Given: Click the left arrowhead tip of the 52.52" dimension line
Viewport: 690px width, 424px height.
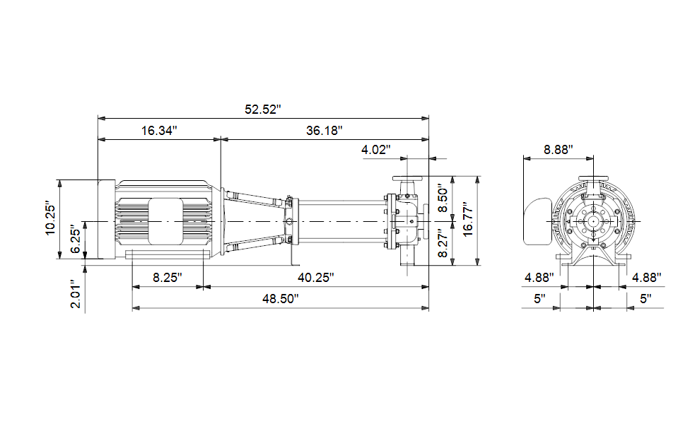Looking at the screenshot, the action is click(x=98, y=118).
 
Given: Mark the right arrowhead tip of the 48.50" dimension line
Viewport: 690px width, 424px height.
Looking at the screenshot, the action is click(x=428, y=308).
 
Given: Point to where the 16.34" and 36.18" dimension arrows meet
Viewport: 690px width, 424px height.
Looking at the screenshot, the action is click(x=221, y=139).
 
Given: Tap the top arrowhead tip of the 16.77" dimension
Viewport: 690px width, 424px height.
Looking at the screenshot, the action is click(x=477, y=177).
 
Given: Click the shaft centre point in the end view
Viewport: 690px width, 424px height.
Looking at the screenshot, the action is click(x=593, y=221).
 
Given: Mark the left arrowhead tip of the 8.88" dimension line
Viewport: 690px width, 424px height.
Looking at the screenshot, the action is click(x=523, y=158).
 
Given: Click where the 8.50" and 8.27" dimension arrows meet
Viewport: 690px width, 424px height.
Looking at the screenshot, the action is click(x=452, y=221).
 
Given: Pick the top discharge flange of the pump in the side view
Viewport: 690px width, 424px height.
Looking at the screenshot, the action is click(x=407, y=179).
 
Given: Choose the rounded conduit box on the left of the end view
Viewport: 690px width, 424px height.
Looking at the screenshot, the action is click(x=537, y=221).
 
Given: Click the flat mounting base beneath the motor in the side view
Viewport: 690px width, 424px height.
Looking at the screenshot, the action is click(x=168, y=254).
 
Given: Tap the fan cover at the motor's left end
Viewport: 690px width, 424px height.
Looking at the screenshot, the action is click(x=107, y=219).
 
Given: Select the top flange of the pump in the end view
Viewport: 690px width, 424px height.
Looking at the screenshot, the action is click(x=593, y=178).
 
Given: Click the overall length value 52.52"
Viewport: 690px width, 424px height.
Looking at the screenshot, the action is click(x=263, y=110).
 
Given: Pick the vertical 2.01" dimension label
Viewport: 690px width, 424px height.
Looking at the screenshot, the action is click(x=76, y=294).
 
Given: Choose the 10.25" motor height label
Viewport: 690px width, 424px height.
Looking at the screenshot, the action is click(x=51, y=219).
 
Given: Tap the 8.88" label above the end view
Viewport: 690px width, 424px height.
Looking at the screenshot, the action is click(x=559, y=150).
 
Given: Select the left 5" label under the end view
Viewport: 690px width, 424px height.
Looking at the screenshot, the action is click(x=539, y=299).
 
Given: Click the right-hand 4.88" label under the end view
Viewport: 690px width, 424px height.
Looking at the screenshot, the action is click(x=647, y=278).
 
